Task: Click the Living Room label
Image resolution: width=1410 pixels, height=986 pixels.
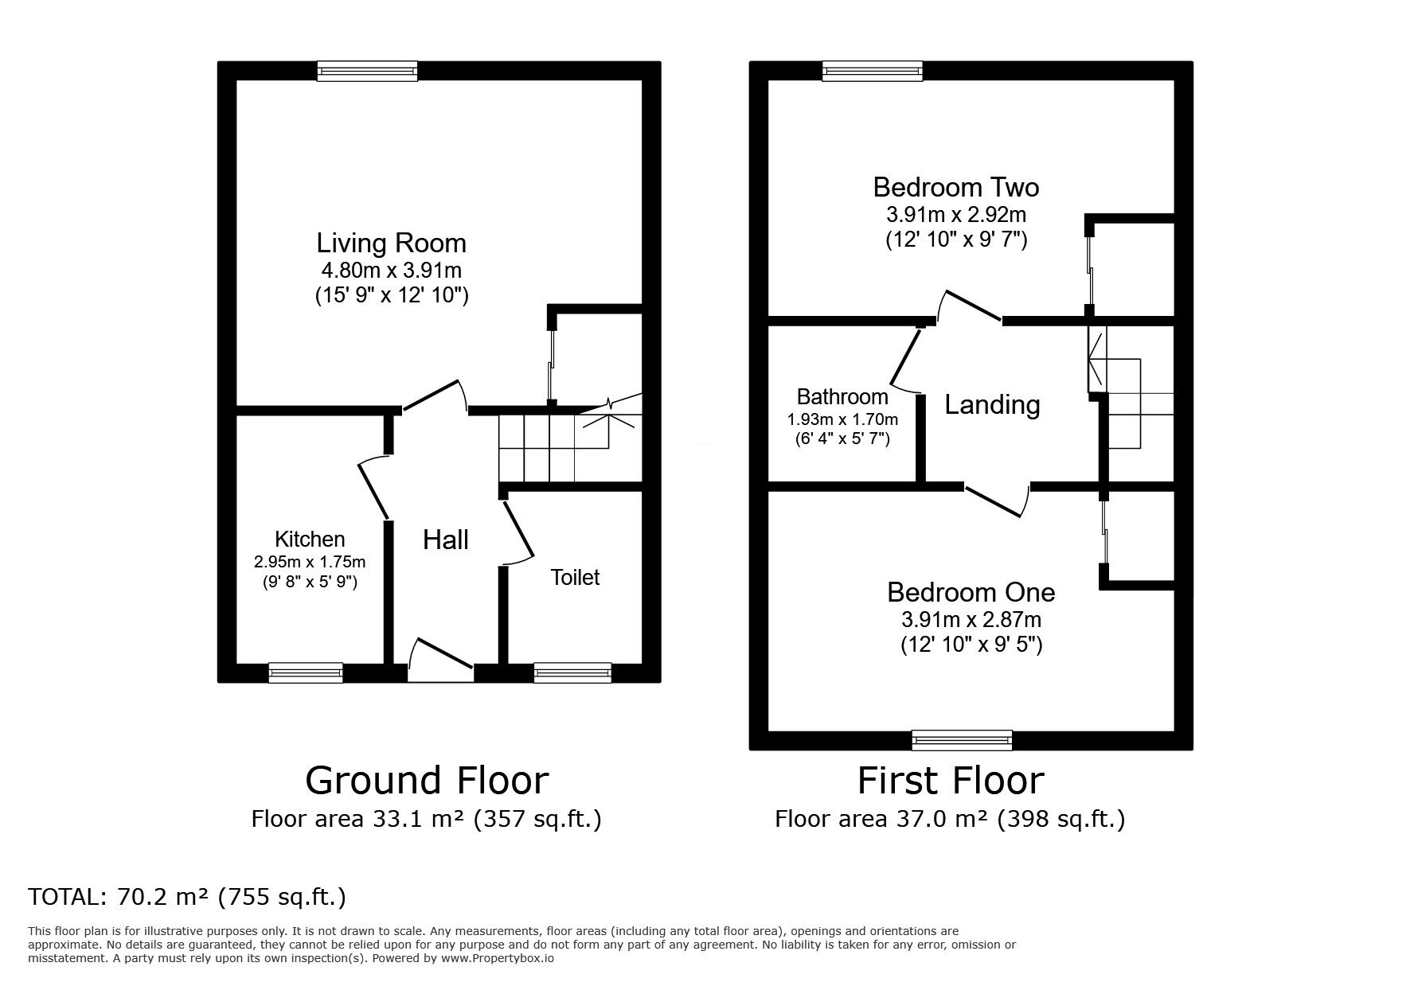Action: tap(391, 243)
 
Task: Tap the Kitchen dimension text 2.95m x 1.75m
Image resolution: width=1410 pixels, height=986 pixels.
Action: tap(310, 562)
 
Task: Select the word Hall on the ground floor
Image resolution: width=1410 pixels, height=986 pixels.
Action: tap(445, 540)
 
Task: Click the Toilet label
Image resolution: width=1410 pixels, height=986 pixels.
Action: tap(575, 577)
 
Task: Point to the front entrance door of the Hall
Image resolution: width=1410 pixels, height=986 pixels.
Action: tap(440, 657)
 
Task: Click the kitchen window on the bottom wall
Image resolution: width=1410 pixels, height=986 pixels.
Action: tap(306, 673)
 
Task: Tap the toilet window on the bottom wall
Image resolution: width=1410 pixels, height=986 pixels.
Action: tap(572, 673)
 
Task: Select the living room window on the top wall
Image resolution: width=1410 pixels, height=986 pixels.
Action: tap(367, 71)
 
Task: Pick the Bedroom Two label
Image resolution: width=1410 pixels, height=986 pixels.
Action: tap(956, 188)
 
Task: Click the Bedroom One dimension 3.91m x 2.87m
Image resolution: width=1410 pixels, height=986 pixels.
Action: tap(971, 619)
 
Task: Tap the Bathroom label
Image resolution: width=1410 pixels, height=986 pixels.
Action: tap(842, 396)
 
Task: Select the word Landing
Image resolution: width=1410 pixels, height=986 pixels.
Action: tap(992, 405)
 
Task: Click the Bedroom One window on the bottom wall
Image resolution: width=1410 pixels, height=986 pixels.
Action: tap(962, 740)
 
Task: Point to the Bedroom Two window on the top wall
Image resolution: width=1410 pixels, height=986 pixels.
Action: tap(873, 71)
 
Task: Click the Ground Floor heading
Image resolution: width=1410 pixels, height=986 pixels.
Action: tap(427, 781)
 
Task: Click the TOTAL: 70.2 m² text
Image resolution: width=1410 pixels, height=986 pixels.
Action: tap(187, 897)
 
